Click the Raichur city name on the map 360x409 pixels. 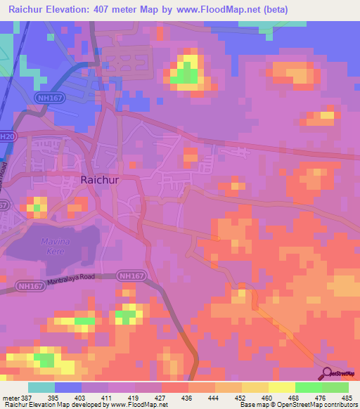pyautogui.click(x=102, y=180)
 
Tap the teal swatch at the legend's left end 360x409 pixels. pyautogui.click(x=41, y=387)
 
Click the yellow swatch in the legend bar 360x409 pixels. pyautogui.click(x=282, y=387)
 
